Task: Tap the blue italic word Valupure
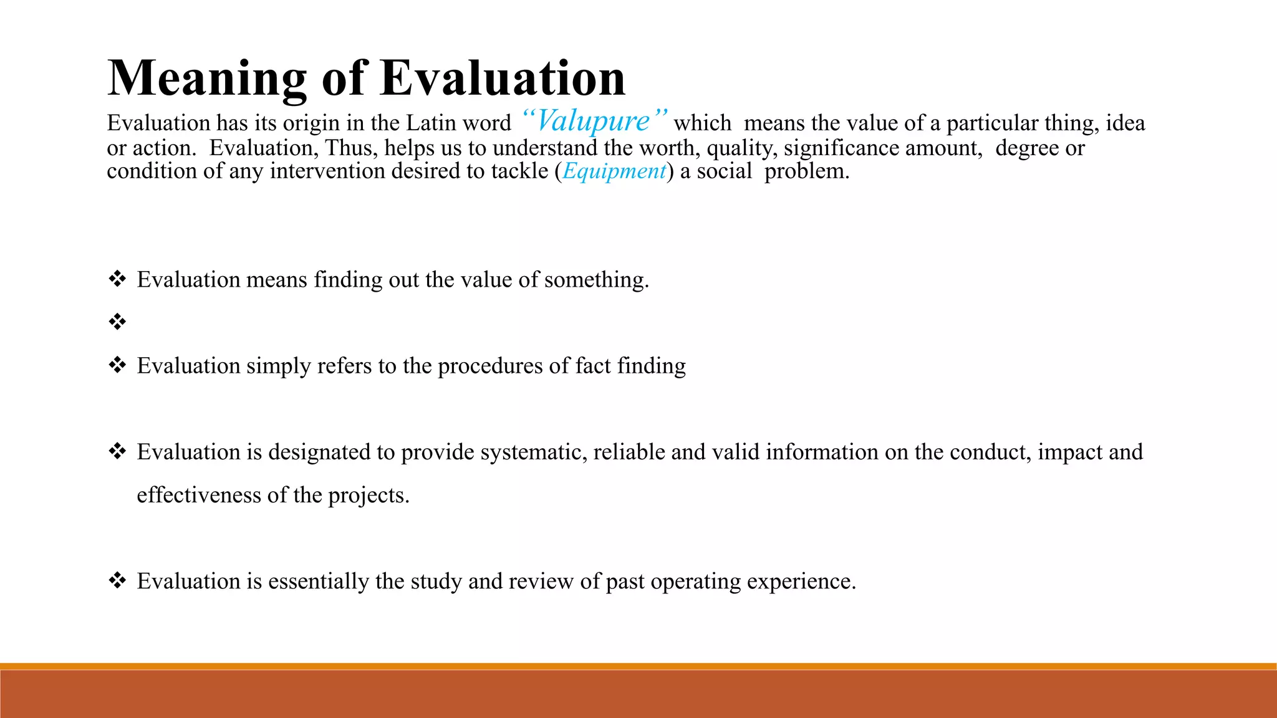point(593,121)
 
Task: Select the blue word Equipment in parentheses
point(614,171)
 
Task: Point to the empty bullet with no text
point(117,322)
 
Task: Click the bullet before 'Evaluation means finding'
point(117,279)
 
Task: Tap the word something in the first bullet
point(596,280)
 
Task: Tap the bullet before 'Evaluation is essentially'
point(117,581)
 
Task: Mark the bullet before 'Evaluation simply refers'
point(117,365)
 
